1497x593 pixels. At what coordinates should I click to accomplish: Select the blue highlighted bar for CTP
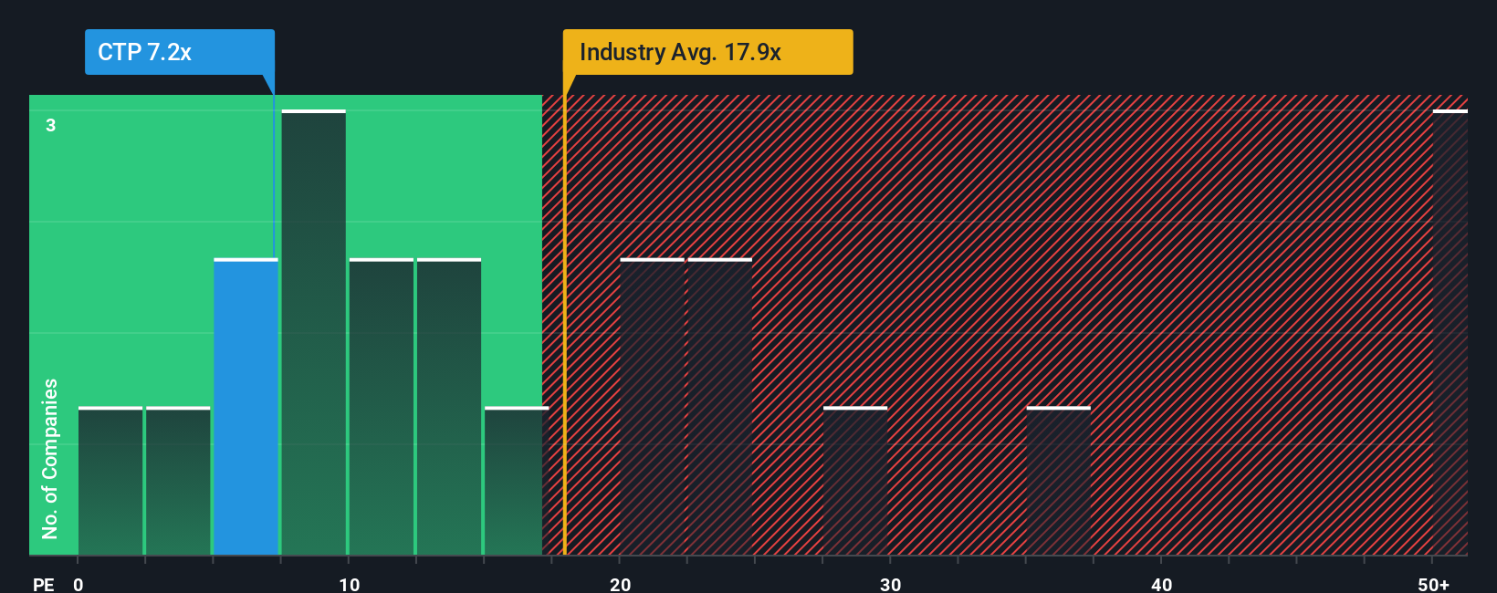point(246,407)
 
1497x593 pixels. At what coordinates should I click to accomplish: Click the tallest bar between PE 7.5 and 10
point(313,333)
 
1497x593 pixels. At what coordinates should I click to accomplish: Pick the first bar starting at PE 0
point(110,481)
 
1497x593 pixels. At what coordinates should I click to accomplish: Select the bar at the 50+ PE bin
point(1450,333)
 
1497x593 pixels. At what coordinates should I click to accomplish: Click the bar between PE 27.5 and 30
point(855,481)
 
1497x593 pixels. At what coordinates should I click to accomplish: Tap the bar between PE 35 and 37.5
point(1058,481)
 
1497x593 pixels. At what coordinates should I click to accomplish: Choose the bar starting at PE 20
point(652,407)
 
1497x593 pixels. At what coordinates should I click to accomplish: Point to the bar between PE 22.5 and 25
point(719,407)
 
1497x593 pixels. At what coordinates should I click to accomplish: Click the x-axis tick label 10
point(349,584)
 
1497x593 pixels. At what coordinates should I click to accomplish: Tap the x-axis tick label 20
point(620,584)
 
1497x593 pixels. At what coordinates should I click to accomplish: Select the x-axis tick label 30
point(890,584)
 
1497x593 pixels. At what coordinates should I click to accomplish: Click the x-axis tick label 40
point(1161,584)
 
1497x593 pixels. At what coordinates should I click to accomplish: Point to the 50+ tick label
point(1433,584)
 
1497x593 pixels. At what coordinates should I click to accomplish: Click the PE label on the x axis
point(43,584)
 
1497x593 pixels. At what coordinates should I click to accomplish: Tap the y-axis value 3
point(51,125)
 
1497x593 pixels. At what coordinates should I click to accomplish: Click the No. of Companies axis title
point(50,458)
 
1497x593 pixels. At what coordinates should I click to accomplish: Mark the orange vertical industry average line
point(564,365)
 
